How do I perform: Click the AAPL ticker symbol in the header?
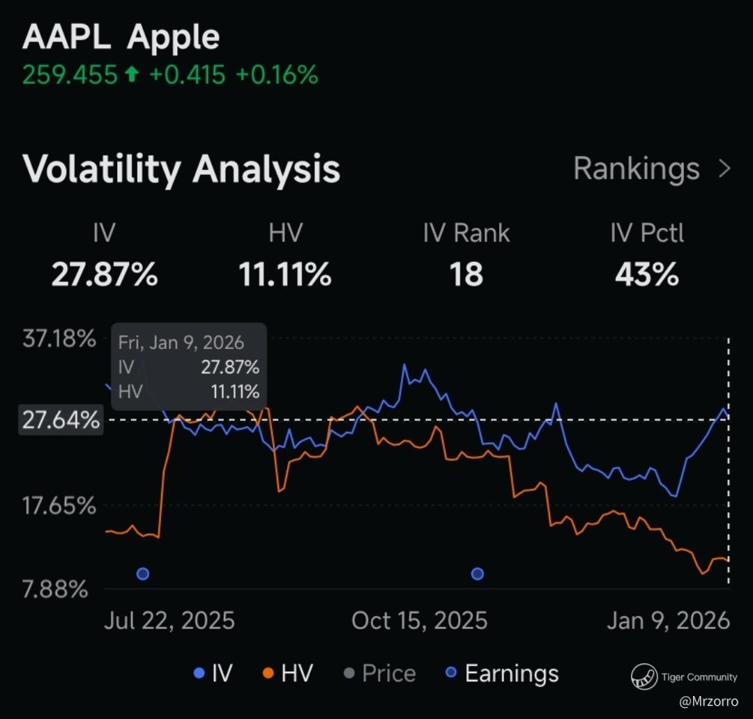coord(66,38)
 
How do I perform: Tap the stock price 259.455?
coord(70,75)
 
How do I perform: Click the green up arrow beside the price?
coord(131,75)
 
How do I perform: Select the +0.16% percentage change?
coord(277,75)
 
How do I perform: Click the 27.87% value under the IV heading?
coord(105,275)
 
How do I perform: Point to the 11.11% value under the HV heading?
coord(285,275)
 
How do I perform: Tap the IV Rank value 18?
coord(466,275)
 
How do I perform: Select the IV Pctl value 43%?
coord(646,275)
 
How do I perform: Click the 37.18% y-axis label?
coord(59,340)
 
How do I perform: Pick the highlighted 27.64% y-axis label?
coord(61,421)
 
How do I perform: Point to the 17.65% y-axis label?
coord(59,505)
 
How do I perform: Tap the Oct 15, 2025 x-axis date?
coord(419,620)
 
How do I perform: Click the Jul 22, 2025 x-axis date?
coord(169,620)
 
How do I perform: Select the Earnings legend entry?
coord(511,674)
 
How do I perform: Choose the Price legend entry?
coord(388,674)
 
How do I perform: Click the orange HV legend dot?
coord(268,674)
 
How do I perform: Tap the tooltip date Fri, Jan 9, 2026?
coord(181,343)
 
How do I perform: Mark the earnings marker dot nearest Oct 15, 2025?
coord(478,574)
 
